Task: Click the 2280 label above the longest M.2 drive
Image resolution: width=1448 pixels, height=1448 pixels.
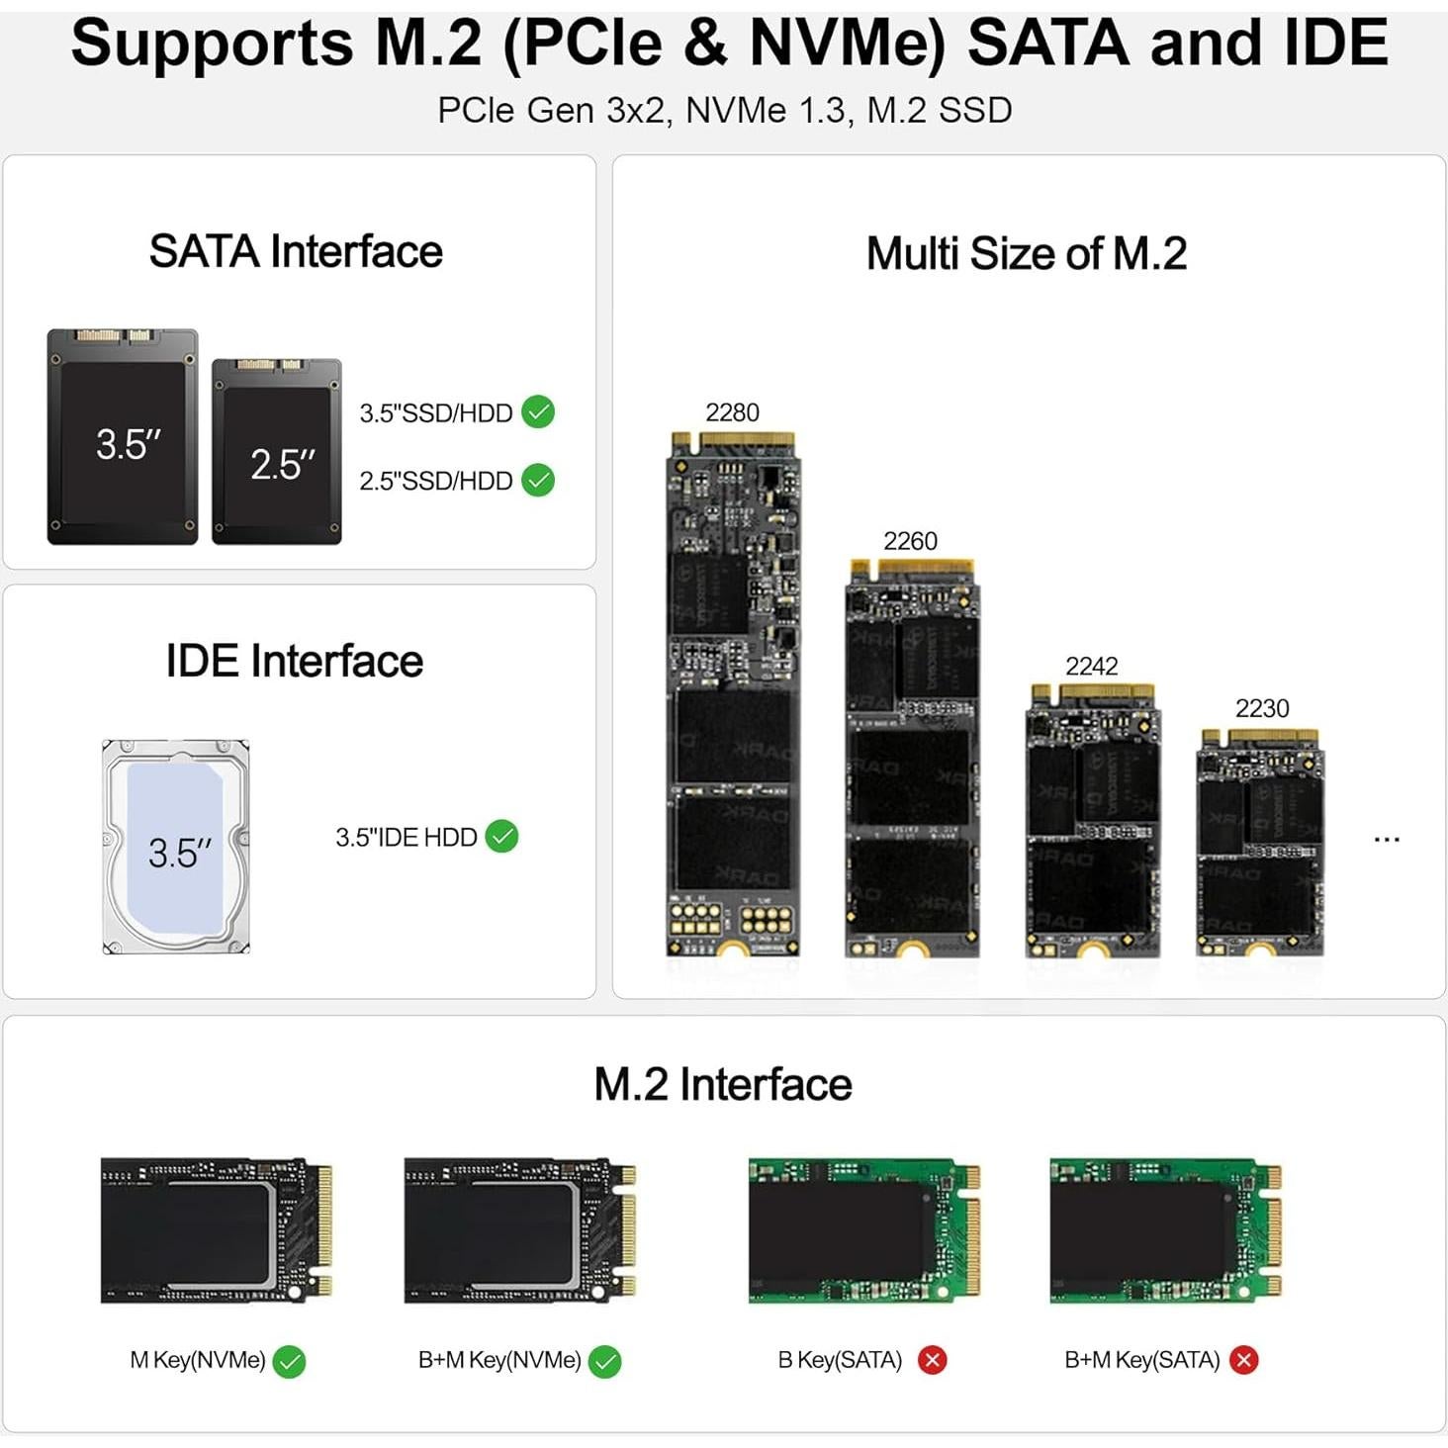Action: tap(732, 412)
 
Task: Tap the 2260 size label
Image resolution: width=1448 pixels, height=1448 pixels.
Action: tap(910, 541)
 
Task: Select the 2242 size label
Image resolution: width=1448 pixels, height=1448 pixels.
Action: tap(1091, 666)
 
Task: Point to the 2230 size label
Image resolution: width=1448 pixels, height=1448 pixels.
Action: tap(1262, 708)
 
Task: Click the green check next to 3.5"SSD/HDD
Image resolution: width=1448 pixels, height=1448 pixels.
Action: tap(538, 411)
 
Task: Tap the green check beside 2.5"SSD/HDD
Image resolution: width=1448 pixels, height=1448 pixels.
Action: tap(538, 480)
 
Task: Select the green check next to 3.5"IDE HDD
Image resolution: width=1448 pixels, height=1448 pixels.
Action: tap(502, 837)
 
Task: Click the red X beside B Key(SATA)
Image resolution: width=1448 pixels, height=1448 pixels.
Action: tap(932, 1360)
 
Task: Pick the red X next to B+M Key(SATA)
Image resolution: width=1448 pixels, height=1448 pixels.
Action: tap(1244, 1360)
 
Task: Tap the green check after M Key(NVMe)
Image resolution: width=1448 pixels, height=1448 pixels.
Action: tap(289, 1362)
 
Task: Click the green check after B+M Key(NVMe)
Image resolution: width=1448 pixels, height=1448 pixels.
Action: tap(604, 1362)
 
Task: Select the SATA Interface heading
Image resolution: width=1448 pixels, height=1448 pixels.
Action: tap(296, 251)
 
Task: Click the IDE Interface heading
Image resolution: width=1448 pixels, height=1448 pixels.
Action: tap(294, 661)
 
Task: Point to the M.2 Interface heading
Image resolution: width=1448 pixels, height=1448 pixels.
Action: tap(723, 1084)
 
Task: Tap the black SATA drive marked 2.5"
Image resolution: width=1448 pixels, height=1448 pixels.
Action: tap(277, 452)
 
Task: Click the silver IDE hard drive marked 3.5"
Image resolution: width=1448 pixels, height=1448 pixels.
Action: tap(176, 847)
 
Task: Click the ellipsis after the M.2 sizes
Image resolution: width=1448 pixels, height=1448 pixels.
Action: tap(1387, 840)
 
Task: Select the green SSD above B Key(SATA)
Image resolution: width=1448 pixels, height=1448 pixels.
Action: tap(863, 1230)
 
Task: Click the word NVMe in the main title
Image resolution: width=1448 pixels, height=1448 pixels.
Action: tap(847, 43)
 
